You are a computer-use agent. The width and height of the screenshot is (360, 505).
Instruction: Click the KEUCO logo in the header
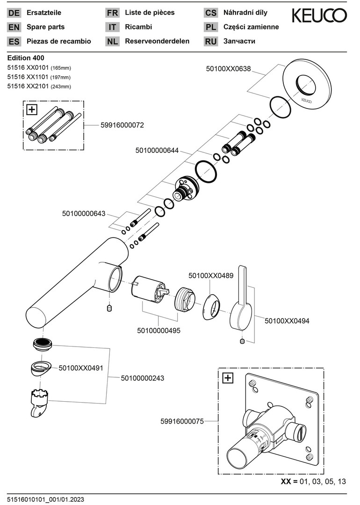(319, 16)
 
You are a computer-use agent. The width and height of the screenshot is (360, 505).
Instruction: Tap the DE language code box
(14, 13)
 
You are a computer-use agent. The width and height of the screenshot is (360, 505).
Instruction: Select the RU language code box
(211, 41)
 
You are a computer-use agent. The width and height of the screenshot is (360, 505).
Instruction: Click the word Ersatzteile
(44, 13)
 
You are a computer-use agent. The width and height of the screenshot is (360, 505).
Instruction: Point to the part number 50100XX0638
(228, 69)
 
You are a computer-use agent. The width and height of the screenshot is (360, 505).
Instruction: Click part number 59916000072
(122, 125)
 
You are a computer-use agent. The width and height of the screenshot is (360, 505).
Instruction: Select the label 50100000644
(157, 151)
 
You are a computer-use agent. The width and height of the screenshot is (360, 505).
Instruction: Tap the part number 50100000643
(84, 214)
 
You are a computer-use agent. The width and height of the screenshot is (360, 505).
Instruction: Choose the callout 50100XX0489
(211, 276)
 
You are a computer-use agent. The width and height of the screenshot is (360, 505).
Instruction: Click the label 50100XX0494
(287, 321)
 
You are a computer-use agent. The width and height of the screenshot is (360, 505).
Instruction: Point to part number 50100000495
(158, 330)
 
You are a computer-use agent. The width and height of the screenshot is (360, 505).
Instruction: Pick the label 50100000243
(143, 377)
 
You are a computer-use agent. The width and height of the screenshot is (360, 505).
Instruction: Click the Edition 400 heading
(26, 58)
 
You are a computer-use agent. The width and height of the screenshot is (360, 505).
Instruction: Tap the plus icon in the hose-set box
(32, 110)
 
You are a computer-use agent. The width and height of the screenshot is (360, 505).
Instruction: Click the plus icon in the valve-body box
(228, 378)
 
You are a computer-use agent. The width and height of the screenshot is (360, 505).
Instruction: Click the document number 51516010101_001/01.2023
(45, 500)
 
